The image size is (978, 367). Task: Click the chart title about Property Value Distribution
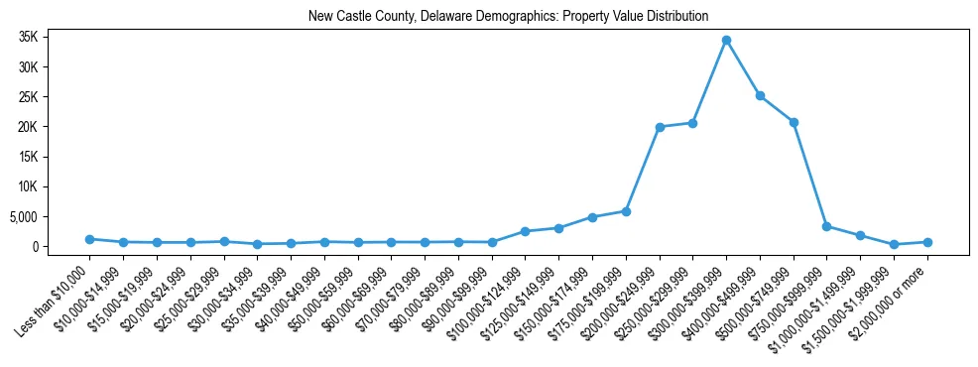tap(508, 17)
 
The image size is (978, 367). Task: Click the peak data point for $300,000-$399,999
tap(726, 41)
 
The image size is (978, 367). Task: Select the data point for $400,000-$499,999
tap(760, 96)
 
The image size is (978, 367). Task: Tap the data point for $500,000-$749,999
tap(794, 122)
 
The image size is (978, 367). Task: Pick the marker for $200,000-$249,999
tap(660, 127)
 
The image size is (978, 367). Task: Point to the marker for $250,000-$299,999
tap(692, 123)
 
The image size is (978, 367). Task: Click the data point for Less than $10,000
tap(89, 239)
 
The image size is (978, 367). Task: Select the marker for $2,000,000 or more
tap(927, 242)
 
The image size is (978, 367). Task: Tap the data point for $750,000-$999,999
tap(826, 226)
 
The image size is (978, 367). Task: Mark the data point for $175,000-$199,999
tap(626, 211)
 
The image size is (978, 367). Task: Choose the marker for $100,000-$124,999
tap(525, 231)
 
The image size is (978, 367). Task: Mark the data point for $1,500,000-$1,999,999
tap(894, 244)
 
